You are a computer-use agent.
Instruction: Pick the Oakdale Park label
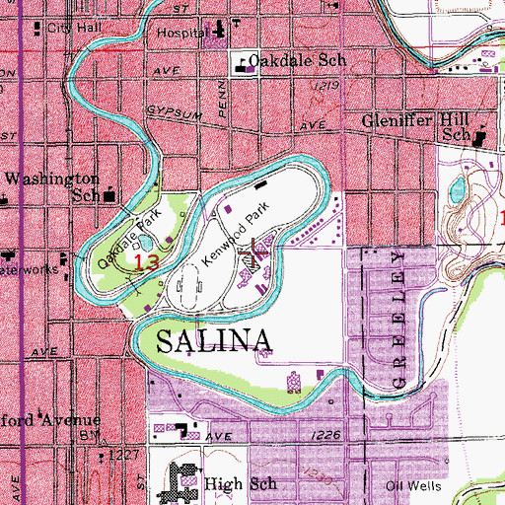(128, 241)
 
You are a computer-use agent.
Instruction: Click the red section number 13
(146, 262)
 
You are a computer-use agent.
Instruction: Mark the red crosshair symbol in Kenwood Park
(256, 253)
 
